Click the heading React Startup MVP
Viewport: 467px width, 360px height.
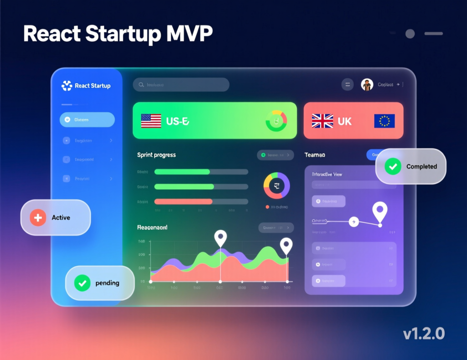[x=118, y=34]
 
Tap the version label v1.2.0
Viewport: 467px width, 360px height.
[x=424, y=334]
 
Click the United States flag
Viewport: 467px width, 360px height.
[x=151, y=121]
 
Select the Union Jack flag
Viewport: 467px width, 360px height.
[x=322, y=121]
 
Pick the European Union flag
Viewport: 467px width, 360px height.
[x=384, y=121]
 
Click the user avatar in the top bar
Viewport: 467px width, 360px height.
[x=367, y=84]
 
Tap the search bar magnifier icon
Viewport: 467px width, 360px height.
[x=141, y=85]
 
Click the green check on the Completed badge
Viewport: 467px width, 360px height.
[x=392, y=166]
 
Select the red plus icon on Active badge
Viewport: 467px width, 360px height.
[x=38, y=218]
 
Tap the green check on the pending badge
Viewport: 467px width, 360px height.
[x=82, y=283]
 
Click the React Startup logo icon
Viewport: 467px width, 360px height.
[x=67, y=86]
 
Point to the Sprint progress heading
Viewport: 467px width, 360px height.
[x=156, y=155]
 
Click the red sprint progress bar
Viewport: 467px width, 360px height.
[x=183, y=201]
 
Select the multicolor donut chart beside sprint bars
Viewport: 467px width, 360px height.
[x=276, y=185]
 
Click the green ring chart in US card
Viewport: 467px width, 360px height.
[x=276, y=121]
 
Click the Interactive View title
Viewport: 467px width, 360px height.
[x=327, y=175]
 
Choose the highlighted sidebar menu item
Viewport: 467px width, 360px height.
[x=87, y=120]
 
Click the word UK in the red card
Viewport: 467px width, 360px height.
[x=345, y=121]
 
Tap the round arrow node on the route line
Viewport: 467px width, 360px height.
[x=353, y=222]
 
